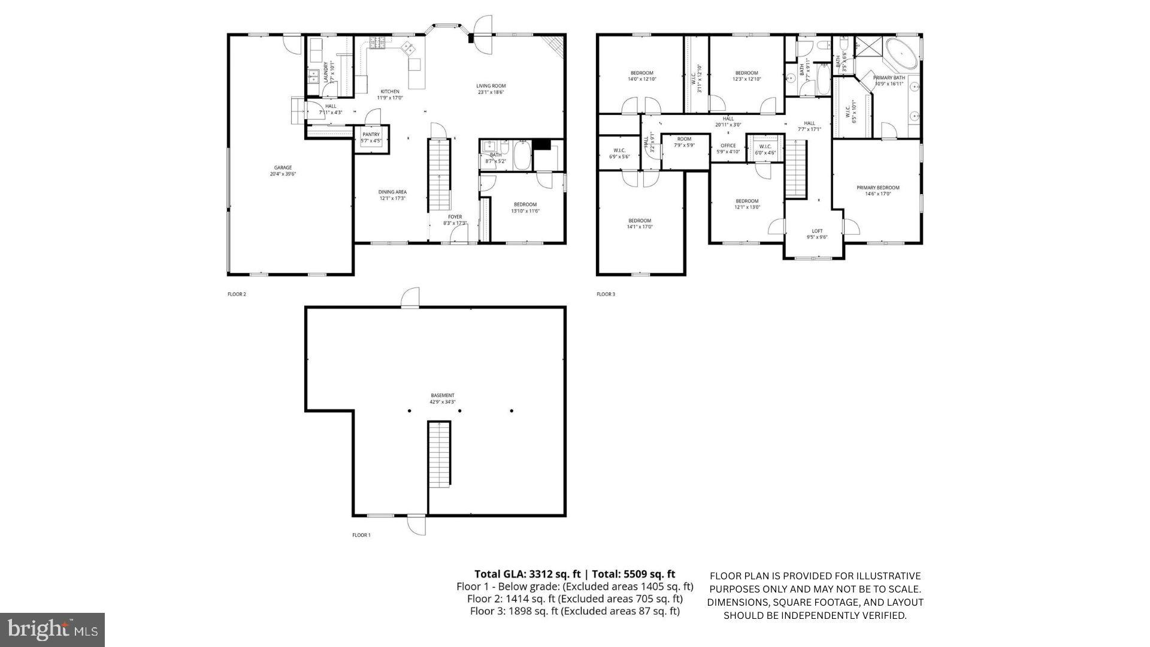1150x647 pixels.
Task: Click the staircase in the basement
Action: (x=439, y=454)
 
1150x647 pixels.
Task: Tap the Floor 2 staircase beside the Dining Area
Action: (x=439, y=174)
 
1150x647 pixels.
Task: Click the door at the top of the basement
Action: (x=410, y=298)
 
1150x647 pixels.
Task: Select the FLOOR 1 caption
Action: (x=361, y=535)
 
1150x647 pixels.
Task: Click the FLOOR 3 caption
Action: (x=606, y=294)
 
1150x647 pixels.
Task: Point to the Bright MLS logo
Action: (x=53, y=630)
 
